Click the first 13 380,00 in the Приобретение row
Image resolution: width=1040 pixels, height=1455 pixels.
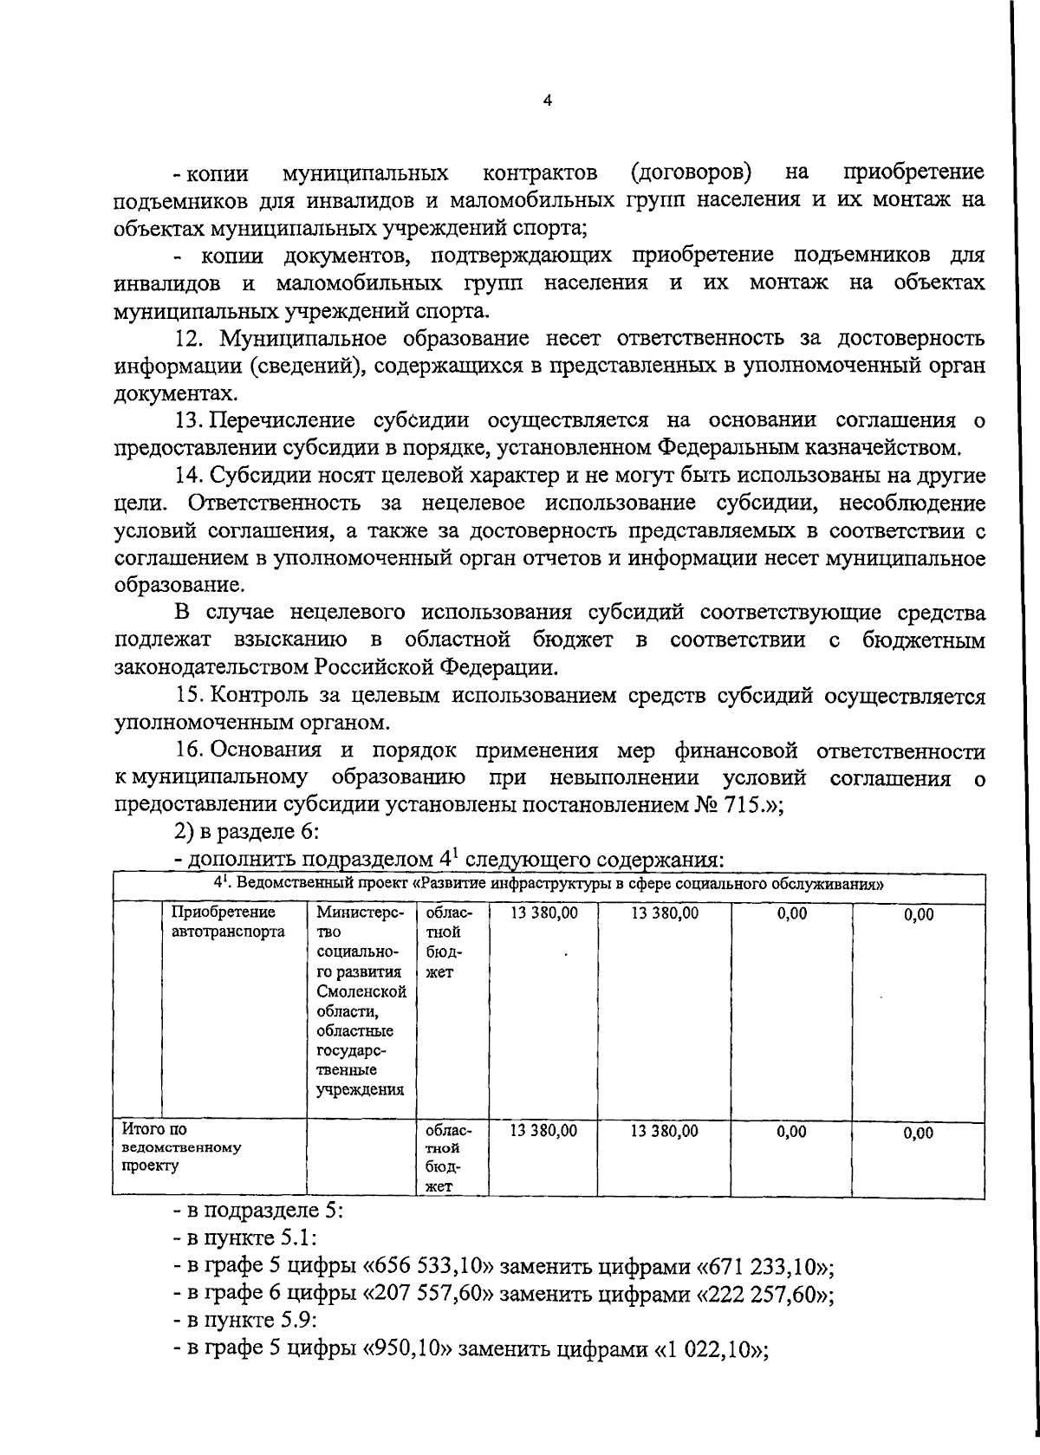point(543,913)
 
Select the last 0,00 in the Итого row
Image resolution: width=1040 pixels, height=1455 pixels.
point(918,1133)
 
